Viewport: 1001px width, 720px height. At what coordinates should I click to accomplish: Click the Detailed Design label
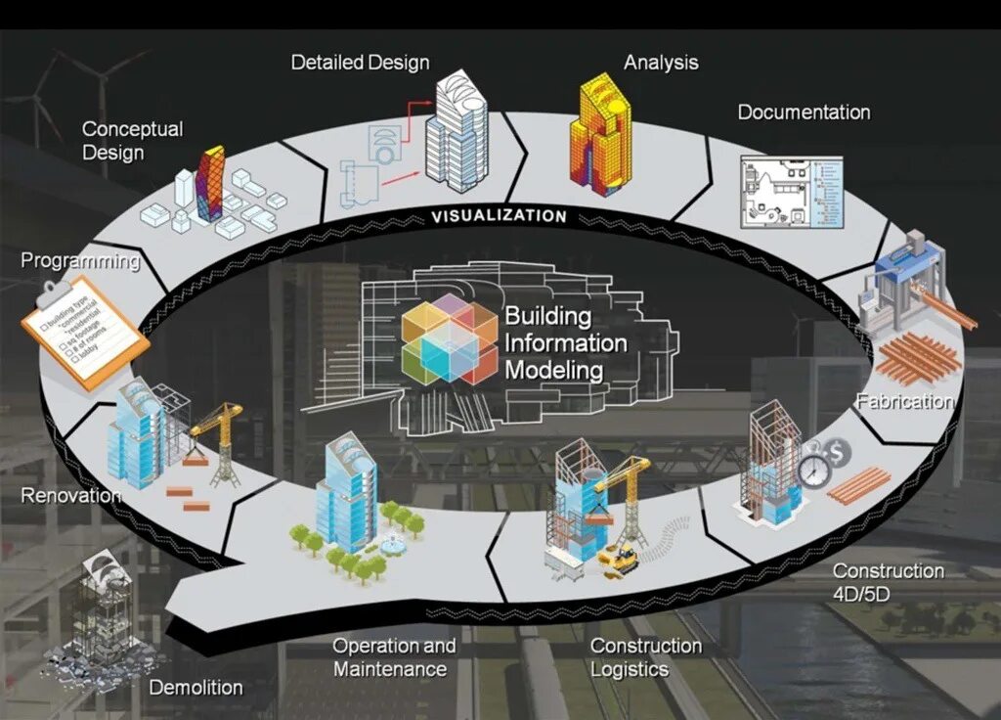coord(360,63)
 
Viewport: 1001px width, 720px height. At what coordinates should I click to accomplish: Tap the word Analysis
coord(661,63)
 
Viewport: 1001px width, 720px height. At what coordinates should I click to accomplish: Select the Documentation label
coord(804,112)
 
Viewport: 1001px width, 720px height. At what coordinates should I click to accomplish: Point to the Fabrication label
coord(904,401)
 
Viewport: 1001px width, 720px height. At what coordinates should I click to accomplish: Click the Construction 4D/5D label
coord(888,582)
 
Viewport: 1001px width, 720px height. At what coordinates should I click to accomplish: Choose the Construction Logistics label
coord(645,657)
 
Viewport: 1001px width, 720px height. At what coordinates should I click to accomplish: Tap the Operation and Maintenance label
coord(393,657)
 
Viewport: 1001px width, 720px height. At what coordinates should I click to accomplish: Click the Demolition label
coord(196,688)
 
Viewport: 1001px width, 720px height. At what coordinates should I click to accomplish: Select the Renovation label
coord(70,496)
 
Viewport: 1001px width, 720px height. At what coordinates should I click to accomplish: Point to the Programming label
coord(80,261)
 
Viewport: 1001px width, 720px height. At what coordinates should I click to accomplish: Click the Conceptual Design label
coord(131,141)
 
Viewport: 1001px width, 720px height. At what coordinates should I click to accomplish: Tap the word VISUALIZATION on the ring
coord(499,216)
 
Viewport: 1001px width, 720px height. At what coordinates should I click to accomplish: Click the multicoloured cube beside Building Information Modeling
coord(450,338)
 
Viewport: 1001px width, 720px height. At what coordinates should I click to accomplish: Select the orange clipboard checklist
coord(85,332)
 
